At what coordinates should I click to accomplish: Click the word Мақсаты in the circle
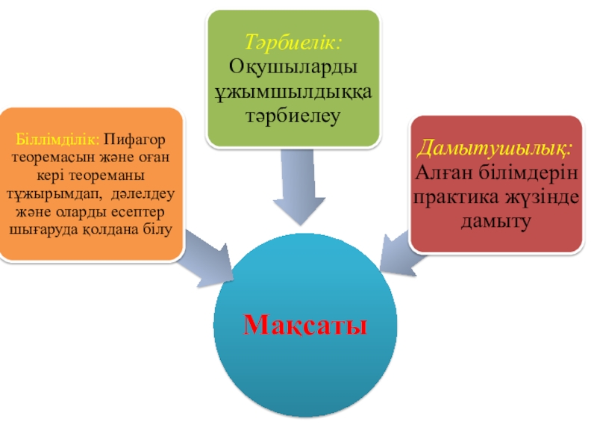pyautogui.click(x=305, y=326)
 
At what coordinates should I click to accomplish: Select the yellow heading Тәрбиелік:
pyautogui.click(x=293, y=43)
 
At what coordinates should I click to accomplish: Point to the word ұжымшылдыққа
pyautogui.click(x=293, y=92)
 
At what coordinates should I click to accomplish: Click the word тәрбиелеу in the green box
pyautogui.click(x=293, y=116)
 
